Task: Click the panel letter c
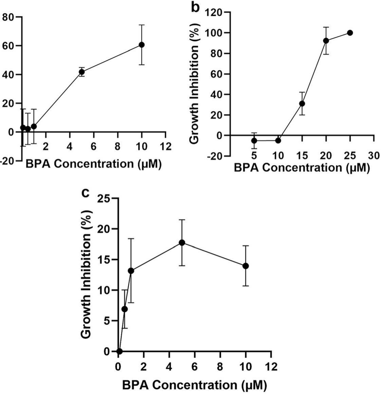86,193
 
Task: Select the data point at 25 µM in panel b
350,33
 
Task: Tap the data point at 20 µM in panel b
326,40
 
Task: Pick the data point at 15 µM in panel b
302,104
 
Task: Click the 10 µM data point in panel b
278,140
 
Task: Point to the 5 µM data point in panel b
254,140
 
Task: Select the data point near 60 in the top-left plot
142,45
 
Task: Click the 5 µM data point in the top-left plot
81,72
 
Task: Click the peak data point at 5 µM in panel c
182,242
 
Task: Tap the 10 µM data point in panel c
245,266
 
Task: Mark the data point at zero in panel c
119,351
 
